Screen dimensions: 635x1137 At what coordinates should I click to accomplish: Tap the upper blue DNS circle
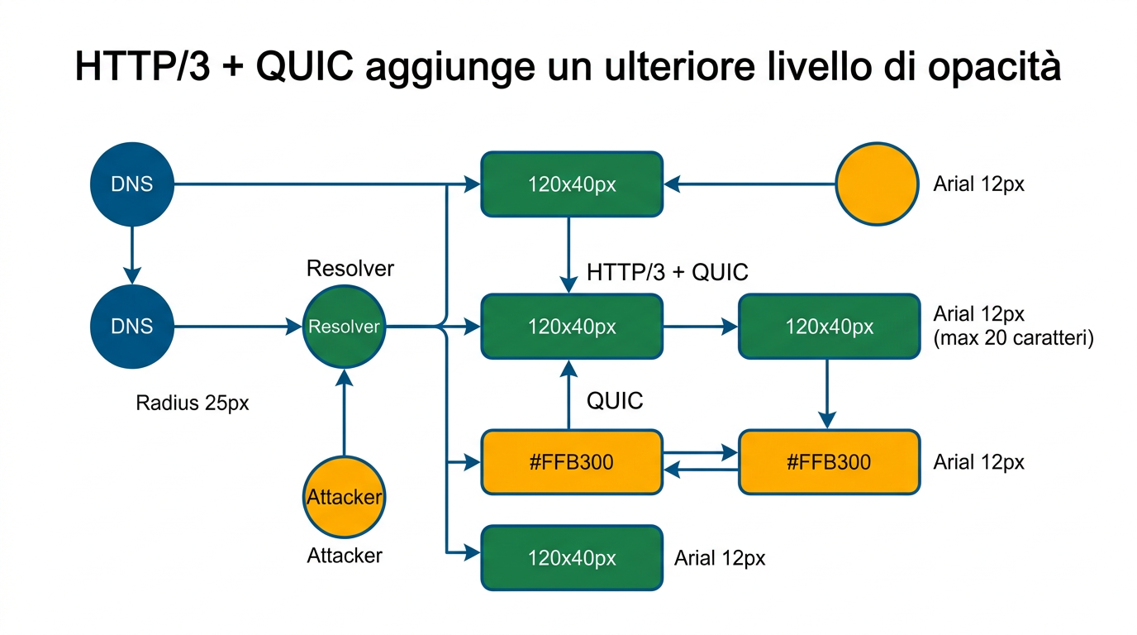tap(132, 184)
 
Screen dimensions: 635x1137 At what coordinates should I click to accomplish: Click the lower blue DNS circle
tap(132, 327)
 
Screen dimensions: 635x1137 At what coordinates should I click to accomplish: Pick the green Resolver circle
tap(345, 327)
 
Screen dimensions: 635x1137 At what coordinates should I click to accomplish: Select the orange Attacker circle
tap(345, 497)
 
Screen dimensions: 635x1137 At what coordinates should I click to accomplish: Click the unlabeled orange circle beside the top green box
tap(877, 184)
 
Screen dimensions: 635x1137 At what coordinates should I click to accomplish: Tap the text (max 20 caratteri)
tap(1013, 338)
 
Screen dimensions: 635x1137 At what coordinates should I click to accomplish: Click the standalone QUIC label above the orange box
tap(615, 402)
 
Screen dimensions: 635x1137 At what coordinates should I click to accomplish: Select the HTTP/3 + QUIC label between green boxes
tap(667, 272)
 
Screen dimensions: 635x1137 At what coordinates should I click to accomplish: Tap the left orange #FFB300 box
tap(572, 461)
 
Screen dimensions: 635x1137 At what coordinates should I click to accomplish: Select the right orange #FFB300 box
tap(829, 461)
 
